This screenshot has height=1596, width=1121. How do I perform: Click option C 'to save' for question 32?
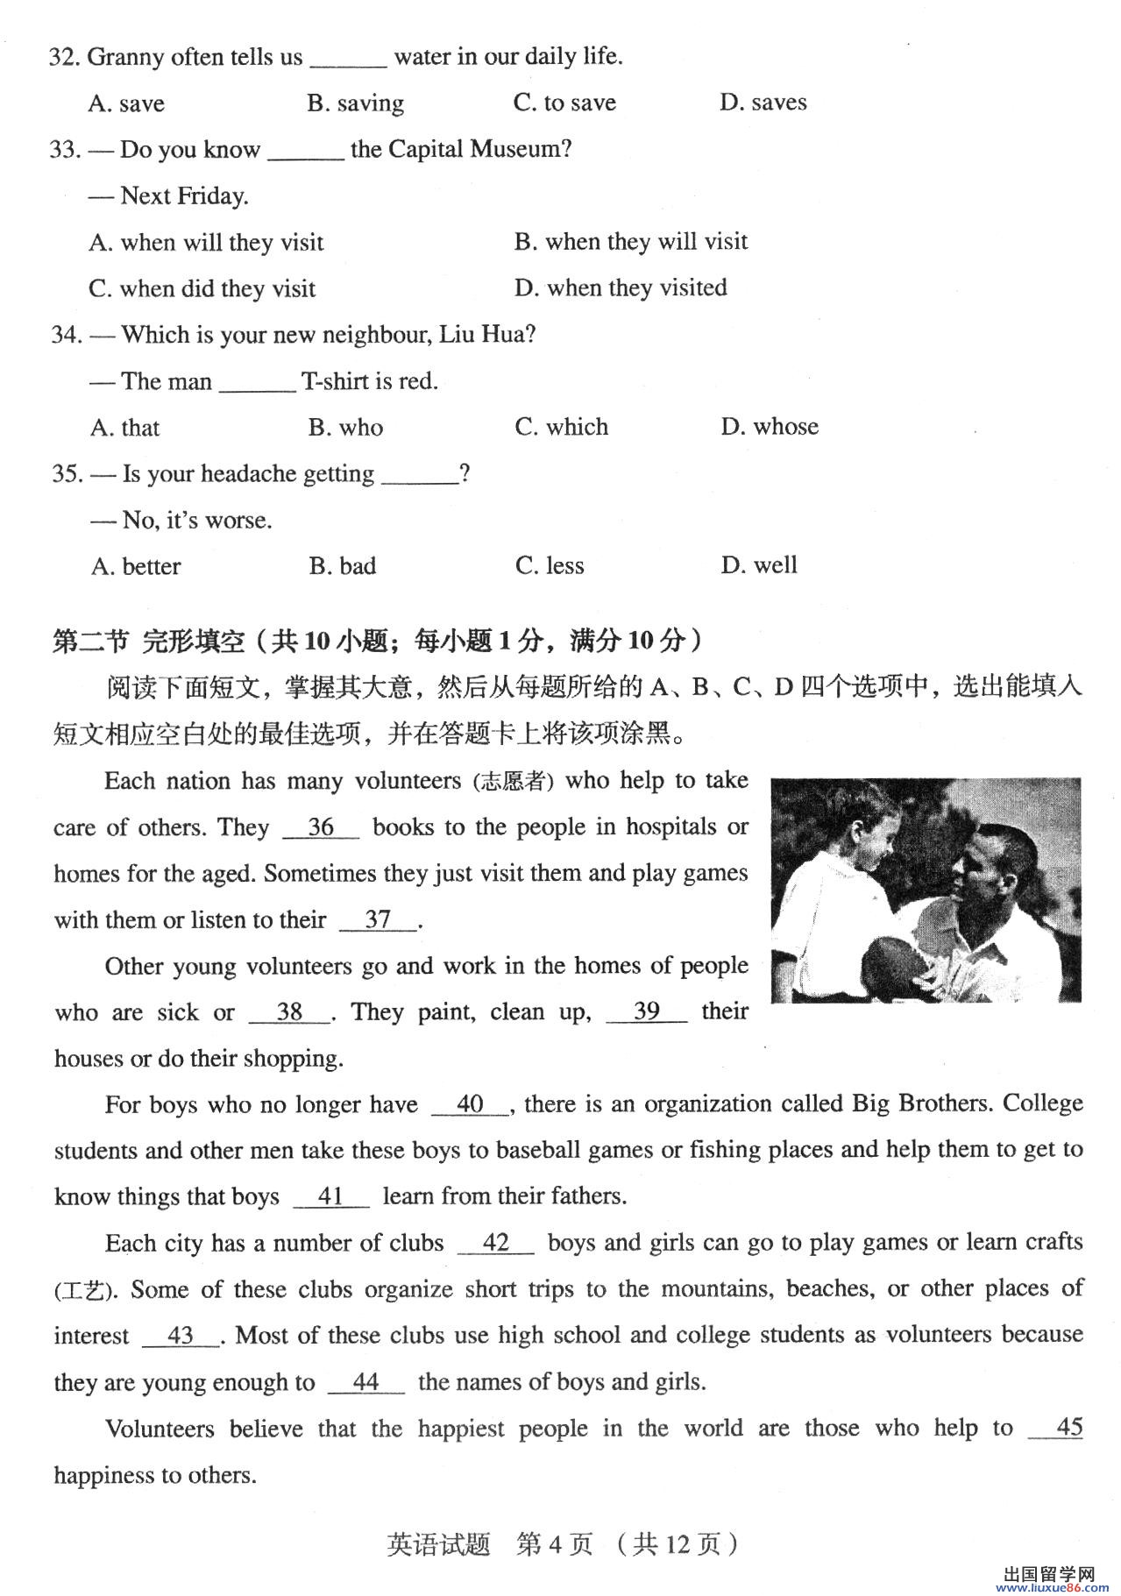click(564, 103)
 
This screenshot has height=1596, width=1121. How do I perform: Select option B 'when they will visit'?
click(631, 241)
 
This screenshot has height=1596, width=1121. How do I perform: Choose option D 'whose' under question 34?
click(770, 427)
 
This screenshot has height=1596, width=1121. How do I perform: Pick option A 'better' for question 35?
click(136, 566)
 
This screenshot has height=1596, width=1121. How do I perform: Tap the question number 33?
click(64, 149)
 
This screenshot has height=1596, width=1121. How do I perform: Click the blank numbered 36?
click(321, 827)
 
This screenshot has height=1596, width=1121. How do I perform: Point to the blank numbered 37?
click(378, 919)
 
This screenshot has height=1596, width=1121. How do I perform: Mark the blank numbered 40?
click(470, 1104)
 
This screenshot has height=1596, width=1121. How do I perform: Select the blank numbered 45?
click(1055, 1428)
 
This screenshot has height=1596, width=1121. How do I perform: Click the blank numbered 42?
click(495, 1243)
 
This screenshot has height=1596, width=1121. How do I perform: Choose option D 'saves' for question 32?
click(763, 103)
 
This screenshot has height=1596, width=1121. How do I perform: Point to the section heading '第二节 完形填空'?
click(149, 642)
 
